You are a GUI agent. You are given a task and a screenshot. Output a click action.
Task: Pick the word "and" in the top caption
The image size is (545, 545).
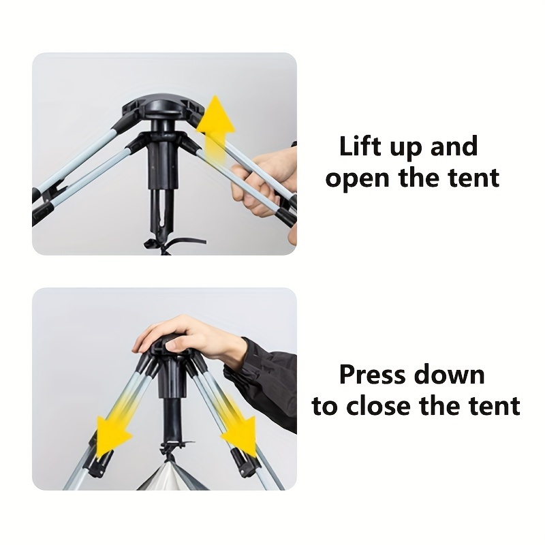pos(454,146)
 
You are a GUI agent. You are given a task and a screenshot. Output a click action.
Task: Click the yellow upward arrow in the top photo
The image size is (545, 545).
pos(216,129)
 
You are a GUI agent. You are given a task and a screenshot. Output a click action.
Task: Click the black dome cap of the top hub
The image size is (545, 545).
pos(162,107)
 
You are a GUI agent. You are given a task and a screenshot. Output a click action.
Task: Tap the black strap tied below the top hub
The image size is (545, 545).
pos(173,245)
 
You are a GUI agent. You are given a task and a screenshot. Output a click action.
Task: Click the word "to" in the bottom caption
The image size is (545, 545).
pos(325,405)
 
